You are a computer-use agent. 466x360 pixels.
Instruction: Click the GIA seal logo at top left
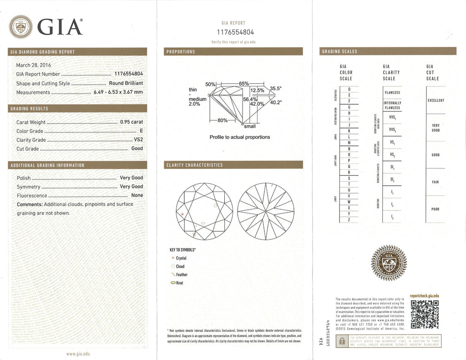coord(21,26)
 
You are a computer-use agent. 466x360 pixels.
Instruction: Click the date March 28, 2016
coord(34,65)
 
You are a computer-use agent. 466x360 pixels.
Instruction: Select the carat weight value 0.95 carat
coord(131,122)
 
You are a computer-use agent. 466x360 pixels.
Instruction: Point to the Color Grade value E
coord(141,131)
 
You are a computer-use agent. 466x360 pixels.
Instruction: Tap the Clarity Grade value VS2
coord(138,140)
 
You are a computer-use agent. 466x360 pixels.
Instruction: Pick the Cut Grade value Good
coord(137,148)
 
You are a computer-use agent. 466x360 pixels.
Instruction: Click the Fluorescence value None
coord(137,195)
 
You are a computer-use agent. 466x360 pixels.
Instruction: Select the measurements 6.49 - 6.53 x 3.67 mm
coord(118,92)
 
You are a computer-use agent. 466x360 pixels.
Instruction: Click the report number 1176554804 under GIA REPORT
coord(234,32)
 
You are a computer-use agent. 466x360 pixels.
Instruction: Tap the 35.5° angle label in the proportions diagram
coord(276,88)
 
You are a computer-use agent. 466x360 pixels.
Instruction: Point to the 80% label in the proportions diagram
coord(223,120)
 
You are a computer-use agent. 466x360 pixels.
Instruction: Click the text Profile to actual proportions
coord(239,137)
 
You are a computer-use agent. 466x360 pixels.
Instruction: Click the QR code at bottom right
coord(424,314)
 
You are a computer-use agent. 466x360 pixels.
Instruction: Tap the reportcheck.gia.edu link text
coord(424,295)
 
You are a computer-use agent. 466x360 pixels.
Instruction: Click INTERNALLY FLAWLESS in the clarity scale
coord(392,105)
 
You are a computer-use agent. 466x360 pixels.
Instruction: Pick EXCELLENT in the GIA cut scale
coord(436,100)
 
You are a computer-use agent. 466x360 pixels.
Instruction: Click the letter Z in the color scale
coord(349,219)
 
